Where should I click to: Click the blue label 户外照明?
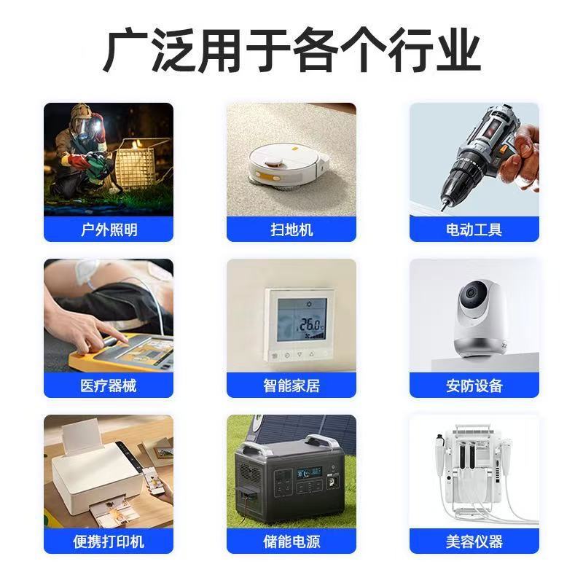109,230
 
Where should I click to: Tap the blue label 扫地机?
291,230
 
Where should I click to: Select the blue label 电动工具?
474,230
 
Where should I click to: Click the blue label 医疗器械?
109,386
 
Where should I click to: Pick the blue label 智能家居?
291,386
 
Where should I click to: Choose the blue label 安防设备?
474,386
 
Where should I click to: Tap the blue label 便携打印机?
109,541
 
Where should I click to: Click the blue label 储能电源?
291,541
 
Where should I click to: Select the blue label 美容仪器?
474,541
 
